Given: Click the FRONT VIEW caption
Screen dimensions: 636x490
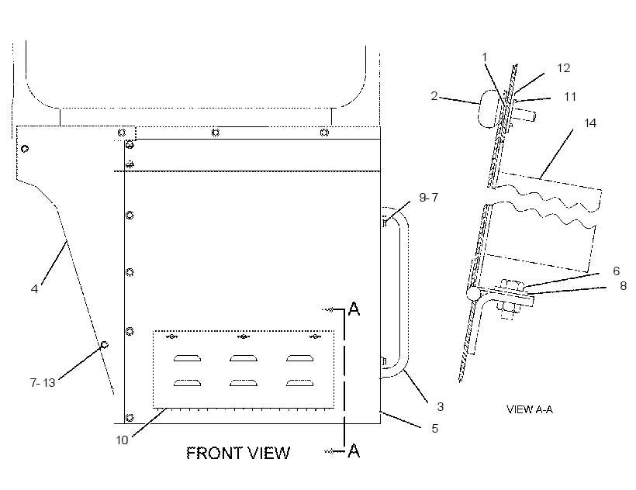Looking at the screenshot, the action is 238,453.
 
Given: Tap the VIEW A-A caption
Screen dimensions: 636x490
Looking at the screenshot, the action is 529,409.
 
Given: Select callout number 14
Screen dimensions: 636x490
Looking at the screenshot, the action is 590,122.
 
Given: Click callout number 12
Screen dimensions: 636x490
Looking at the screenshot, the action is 563,68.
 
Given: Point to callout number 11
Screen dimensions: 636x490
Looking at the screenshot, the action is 570,97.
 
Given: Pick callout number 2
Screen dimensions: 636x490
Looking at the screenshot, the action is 434,96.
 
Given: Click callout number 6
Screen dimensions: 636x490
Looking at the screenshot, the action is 616,271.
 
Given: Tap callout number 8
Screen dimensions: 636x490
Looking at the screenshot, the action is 624,286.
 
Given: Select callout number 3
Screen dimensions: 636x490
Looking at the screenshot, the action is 440,406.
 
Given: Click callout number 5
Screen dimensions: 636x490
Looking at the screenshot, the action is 435,429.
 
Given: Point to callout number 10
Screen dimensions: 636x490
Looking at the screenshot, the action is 122,440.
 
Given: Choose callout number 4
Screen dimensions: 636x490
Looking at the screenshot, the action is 34,289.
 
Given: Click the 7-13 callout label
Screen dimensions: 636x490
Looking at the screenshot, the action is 43,382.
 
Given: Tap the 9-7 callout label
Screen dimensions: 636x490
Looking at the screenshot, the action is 429,198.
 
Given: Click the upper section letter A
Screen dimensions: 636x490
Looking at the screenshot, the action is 354,309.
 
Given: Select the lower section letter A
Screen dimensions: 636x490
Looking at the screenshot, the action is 354,450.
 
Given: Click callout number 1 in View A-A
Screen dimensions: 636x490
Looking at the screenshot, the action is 484,57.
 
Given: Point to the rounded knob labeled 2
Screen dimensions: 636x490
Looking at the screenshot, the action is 488,109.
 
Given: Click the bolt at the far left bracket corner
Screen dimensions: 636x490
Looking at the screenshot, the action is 25,149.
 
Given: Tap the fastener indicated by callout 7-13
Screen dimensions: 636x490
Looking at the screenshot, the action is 104,345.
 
